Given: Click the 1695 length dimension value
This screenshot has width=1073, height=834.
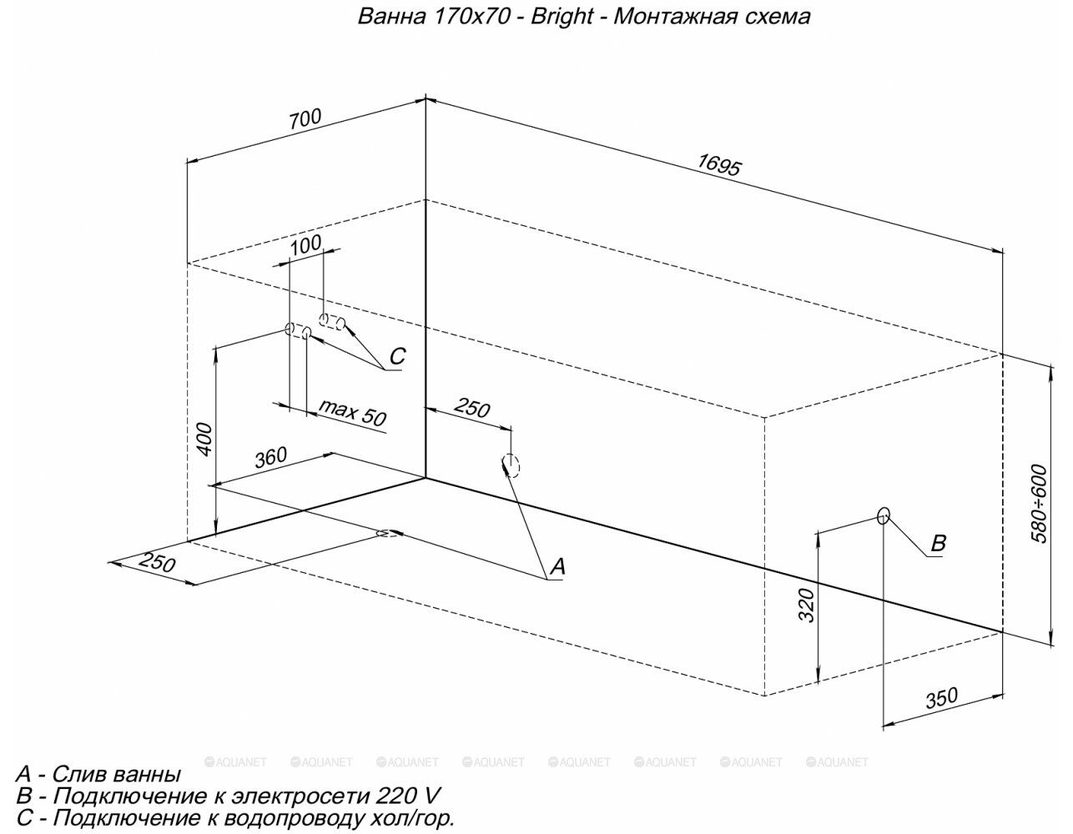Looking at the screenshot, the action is [x=719, y=165].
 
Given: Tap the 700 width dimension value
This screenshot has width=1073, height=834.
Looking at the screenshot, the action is [x=305, y=118].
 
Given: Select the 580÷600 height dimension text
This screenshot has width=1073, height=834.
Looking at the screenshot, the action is [x=1039, y=504].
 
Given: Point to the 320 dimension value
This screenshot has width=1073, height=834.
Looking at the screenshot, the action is [x=806, y=605].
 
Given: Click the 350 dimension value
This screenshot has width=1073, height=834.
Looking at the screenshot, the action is [x=942, y=698].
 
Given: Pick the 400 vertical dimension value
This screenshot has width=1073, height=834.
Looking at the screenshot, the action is [x=204, y=440].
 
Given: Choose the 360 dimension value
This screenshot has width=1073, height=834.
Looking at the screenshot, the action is [x=270, y=457].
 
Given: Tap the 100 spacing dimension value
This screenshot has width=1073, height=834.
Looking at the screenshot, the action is [x=305, y=244].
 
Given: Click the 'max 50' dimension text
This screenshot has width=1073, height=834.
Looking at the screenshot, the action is [x=352, y=412].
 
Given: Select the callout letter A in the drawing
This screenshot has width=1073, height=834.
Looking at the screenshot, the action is [x=557, y=566].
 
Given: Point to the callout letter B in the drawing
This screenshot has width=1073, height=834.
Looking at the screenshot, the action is [x=938, y=543].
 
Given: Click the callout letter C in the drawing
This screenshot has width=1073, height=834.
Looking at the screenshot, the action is [x=397, y=356].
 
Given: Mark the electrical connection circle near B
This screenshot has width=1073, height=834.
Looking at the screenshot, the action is [x=884, y=515].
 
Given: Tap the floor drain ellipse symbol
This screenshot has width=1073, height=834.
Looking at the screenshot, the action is [x=389, y=534].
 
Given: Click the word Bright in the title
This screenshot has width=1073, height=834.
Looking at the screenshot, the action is [x=562, y=17].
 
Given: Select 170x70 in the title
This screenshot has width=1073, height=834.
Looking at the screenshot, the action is [x=471, y=17].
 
